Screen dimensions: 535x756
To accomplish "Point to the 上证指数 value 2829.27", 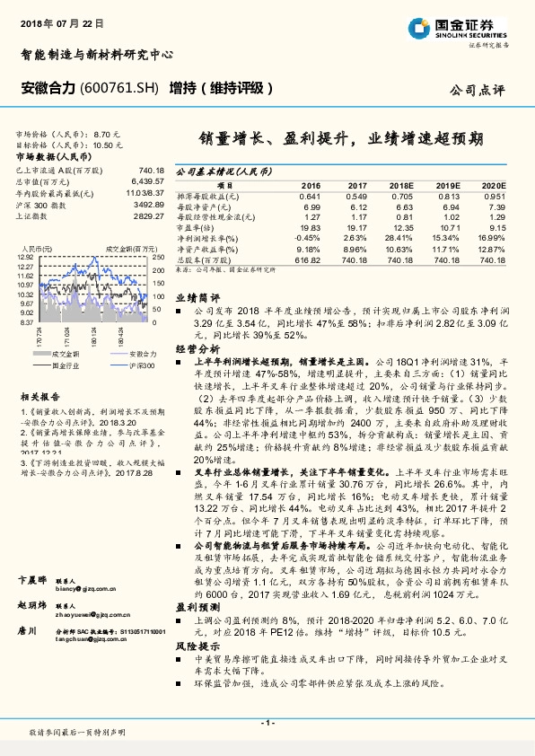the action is point(146,216).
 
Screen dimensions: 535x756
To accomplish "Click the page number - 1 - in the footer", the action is point(267,723).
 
